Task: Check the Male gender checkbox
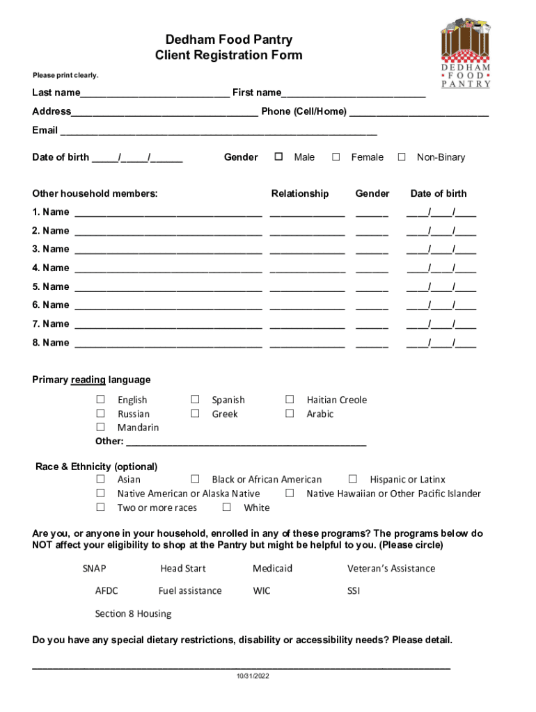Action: pyautogui.click(x=278, y=157)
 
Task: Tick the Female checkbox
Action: pyautogui.click(x=336, y=157)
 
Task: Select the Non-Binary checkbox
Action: pyautogui.click(x=401, y=157)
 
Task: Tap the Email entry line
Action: pyautogui.click(x=219, y=132)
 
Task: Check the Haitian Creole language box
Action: pyautogui.click(x=290, y=399)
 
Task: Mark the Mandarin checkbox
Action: pyautogui.click(x=100, y=427)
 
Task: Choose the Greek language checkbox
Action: pyautogui.click(x=196, y=414)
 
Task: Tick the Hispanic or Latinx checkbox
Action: pyautogui.click(x=353, y=479)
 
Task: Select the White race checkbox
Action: pyautogui.click(x=226, y=508)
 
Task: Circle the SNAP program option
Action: pyautogui.click(x=94, y=568)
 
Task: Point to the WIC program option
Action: pyautogui.click(x=262, y=591)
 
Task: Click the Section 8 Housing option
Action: pyautogui.click(x=133, y=614)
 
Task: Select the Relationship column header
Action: pyautogui.click(x=299, y=193)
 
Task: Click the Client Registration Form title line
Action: pyautogui.click(x=229, y=56)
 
